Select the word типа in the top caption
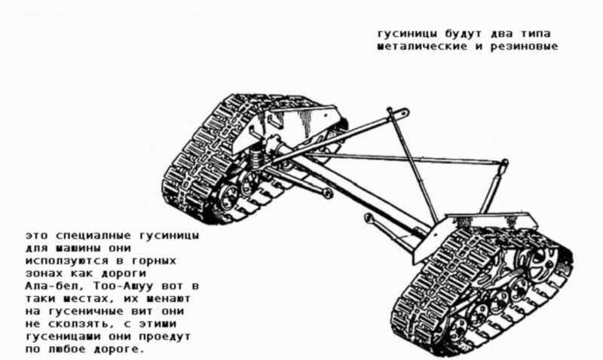click(536, 34)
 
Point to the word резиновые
click(524, 47)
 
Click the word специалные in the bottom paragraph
click(93, 236)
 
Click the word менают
click(168, 299)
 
